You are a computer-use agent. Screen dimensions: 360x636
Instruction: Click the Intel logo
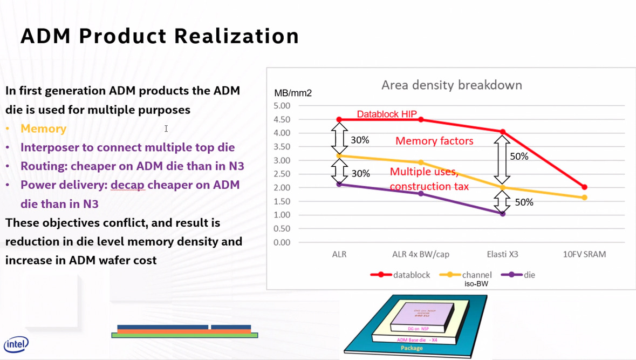coord(16,344)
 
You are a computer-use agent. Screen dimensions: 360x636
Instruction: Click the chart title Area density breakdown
coord(452,85)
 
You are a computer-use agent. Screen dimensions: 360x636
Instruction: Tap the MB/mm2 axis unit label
coord(293,93)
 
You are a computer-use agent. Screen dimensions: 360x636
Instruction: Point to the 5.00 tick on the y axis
coord(282,106)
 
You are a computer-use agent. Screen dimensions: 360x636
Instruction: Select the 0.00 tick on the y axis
coord(282,242)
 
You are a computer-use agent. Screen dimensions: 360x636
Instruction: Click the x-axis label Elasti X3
coord(502,254)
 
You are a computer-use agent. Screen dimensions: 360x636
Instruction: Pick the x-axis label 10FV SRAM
coord(584,254)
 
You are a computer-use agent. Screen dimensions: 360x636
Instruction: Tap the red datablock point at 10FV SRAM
coord(584,187)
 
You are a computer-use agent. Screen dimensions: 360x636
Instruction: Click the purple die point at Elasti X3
coord(503,214)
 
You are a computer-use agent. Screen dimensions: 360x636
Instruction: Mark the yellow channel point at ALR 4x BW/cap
coord(421,162)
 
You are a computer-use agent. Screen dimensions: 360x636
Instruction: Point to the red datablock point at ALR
coord(339,120)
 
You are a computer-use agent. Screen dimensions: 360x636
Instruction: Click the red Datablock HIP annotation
coord(387,114)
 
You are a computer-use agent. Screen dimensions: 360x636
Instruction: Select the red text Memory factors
coord(434,141)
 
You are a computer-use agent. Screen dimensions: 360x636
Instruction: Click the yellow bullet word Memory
coord(43,128)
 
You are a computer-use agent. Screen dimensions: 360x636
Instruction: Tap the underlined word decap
coord(128,185)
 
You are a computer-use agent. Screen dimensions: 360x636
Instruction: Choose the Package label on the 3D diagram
coord(412,348)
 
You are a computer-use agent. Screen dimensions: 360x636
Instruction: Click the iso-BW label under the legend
coord(476,284)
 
